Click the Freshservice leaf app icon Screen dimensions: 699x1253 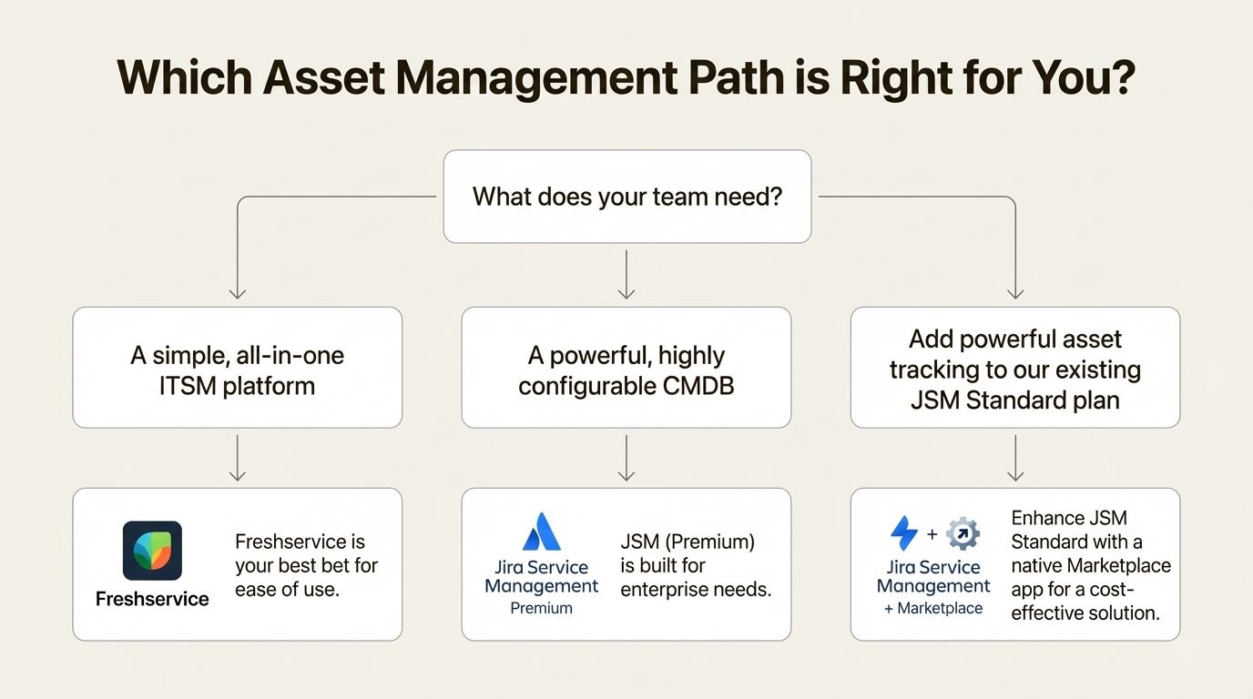point(152,551)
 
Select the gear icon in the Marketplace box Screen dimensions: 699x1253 point(963,533)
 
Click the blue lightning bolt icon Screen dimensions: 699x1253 point(904,533)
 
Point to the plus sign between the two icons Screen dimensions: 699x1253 point(932,534)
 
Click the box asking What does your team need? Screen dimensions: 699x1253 point(626,197)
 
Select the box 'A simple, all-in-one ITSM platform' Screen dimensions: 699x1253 point(237,368)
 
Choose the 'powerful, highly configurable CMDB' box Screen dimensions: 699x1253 point(626,368)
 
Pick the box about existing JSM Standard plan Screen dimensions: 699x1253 point(1014,368)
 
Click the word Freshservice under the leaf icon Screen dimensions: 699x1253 point(152,599)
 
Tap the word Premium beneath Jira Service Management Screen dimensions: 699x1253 point(542,608)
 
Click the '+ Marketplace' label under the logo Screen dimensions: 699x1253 point(933,608)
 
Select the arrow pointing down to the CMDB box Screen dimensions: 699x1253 point(626,275)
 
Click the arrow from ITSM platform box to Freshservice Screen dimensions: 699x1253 point(237,458)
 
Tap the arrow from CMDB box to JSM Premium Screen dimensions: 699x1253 point(626,458)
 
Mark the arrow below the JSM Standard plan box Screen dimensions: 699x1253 point(1015,458)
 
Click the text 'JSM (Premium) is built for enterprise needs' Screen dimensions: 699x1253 point(696,565)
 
